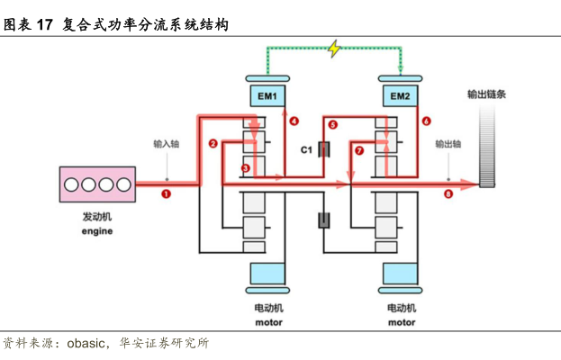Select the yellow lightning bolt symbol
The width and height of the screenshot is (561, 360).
tap(335, 49)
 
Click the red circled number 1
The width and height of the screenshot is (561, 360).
tap(167, 193)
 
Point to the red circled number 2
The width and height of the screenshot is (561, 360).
tap(213, 144)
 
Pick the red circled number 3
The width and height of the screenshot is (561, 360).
tap(245, 168)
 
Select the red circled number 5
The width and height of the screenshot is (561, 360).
tap(332, 124)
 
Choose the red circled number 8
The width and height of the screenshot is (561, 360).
tap(448, 193)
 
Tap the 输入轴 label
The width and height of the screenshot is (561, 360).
tap(167, 143)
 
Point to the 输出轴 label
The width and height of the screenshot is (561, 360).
tap(448, 143)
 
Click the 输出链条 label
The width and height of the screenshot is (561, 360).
tap(485, 94)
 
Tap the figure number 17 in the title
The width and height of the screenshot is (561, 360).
tap(46, 25)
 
